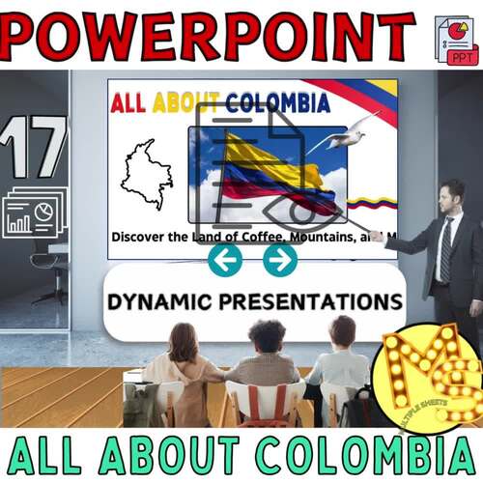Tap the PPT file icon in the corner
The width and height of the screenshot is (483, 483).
tap(456, 40)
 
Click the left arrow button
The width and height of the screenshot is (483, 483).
tap(225, 259)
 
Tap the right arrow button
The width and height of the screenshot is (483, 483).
tap(279, 259)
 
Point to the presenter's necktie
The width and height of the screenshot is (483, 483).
tap(445, 249)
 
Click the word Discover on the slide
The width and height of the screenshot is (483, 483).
tap(143, 236)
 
